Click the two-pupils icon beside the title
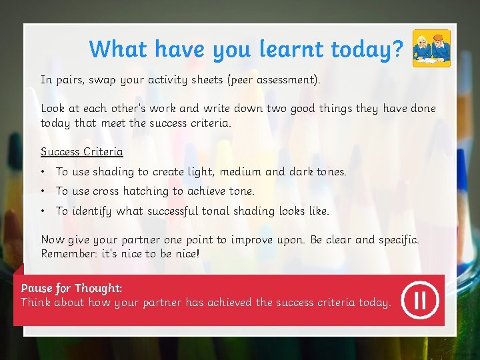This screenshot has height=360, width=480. pyautogui.click(x=431, y=49)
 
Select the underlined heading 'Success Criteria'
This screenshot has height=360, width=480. pyautogui.click(x=82, y=151)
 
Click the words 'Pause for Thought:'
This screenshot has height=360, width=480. pyautogui.click(x=71, y=288)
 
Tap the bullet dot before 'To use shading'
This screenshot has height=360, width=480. pyautogui.click(x=43, y=172)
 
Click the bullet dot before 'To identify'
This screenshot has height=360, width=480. pyautogui.click(x=43, y=211)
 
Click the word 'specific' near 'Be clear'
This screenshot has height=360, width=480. pyautogui.click(x=398, y=240)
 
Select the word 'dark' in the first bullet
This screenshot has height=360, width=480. pyautogui.click(x=301, y=172)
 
